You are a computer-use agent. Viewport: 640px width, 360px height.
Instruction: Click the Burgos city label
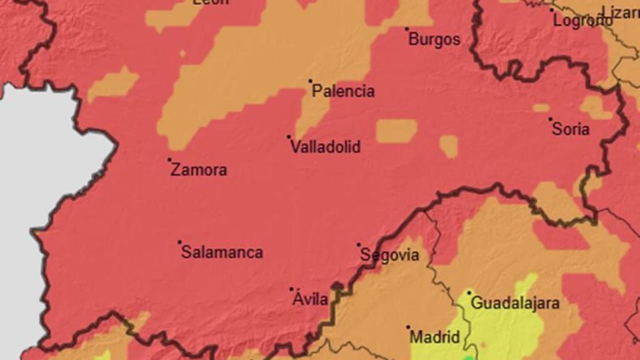(x=434, y=39)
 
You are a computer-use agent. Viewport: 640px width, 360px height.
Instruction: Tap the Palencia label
(x=343, y=91)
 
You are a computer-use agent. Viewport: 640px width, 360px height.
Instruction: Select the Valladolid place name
(x=326, y=147)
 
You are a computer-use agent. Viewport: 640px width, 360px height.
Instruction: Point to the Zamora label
(x=199, y=170)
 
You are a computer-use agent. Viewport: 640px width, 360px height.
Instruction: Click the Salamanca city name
(x=222, y=252)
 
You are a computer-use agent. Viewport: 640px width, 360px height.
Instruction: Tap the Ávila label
(x=311, y=299)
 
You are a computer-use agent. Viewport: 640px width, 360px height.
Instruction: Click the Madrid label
(x=435, y=337)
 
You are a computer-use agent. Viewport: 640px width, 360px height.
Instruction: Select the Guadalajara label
(x=515, y=304)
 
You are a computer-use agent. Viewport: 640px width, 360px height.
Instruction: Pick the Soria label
(x=571, y=129)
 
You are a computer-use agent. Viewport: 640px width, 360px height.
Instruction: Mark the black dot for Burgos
(x=407, y=29)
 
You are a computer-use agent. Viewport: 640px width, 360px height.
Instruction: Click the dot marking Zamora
(x=169, y=159)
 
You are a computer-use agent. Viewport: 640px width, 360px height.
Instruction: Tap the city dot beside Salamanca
(x=179, y=242)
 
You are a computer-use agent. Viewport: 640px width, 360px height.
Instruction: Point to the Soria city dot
(x=551, y=119)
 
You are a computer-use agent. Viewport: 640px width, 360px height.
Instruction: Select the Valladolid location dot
(x=289, y=136)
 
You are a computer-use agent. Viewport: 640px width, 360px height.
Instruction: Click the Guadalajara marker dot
(x=469, y=292)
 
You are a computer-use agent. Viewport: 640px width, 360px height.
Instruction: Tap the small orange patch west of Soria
(x=448, y=146)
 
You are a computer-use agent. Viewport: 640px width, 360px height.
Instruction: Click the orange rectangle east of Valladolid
(x=396, y=131)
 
